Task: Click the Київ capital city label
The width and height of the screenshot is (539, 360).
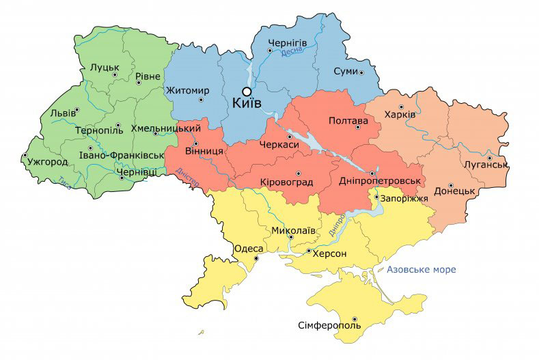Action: pos(251,104)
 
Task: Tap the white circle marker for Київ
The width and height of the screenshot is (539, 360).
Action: pos(247,91)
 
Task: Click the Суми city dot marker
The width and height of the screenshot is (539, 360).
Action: pos(361,72)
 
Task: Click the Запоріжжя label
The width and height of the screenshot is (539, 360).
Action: pos(403,199)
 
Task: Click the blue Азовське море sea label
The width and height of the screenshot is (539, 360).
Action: pos(421,269)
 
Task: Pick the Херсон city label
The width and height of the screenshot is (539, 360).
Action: pos(330,253)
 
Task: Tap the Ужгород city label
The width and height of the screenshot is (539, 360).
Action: pos(47,163)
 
